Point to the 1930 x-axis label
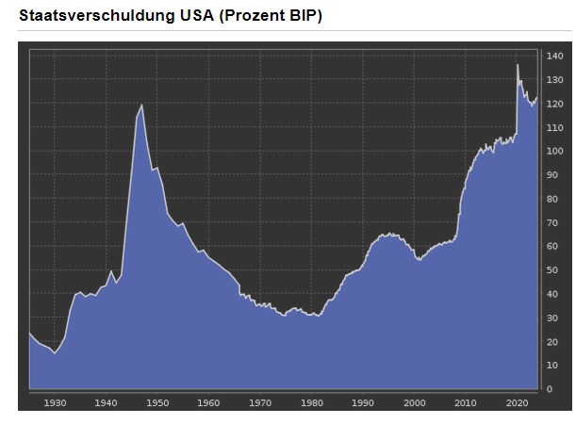coord(55,402)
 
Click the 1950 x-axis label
coord(157,402)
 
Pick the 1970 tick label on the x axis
coord(260,402)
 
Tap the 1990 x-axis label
coord(363,402)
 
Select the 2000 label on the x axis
coord(415,402)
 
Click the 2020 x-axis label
coord(517,402)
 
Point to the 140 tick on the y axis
coord(555,57)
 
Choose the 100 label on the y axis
coord(555,152)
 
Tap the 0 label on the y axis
coord(551,389)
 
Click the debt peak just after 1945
coord(141,105)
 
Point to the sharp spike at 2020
coord(517,64)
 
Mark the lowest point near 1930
coord(54,353)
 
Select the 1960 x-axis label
coord(209,402)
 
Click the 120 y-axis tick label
coord(555,104)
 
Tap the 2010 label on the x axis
coord(466,402)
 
